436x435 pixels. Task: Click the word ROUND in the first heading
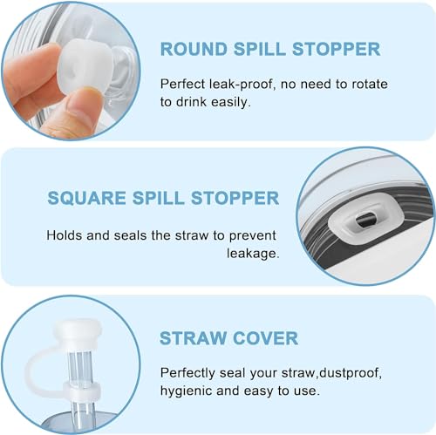pos(191,49)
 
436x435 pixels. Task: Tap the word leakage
pos(252,254)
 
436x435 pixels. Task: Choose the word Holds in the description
pos(64,234)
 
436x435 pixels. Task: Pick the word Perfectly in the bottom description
pos(190,373)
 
